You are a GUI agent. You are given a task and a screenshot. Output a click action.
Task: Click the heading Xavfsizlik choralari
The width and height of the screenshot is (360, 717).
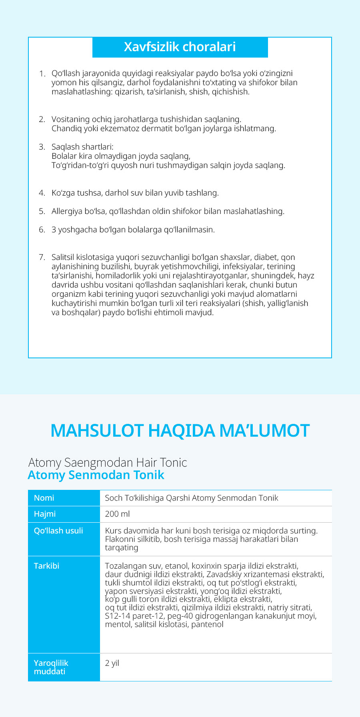click(x=180, y=47)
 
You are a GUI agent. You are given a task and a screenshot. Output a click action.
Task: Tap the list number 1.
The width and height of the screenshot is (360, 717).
click(x=42, y=74)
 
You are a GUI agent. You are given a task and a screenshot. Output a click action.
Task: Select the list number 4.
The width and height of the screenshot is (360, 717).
click(x=42, y=193)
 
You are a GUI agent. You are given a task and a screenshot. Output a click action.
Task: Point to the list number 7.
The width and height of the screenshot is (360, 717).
click(x=42, y=258)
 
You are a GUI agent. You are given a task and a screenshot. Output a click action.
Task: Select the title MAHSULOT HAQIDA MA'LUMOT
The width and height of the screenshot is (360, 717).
click(x=180, y=431)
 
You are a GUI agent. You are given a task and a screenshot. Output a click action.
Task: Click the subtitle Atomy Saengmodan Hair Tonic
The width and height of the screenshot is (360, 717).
click(x=108, y=463)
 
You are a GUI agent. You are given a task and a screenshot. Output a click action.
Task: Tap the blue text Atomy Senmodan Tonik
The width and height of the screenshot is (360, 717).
click(x=96, y=475)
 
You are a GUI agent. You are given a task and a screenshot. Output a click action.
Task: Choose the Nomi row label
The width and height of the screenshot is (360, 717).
click(x=44, y=498)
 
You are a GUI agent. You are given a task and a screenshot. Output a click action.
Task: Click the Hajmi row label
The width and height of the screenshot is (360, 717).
click(x=45, y=514)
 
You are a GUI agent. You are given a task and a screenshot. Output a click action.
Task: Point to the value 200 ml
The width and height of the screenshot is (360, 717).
click(x=117, y=514)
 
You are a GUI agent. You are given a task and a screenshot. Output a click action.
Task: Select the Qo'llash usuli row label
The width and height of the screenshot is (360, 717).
click(x=58, y=531)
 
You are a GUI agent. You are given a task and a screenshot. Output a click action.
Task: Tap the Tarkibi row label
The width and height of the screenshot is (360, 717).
click(x=46, y=566)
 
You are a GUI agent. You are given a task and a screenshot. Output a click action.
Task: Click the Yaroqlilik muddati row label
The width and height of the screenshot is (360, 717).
click(x=51, y=667)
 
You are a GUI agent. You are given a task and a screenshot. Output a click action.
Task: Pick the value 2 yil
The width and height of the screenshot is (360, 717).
click(x=112, y=663)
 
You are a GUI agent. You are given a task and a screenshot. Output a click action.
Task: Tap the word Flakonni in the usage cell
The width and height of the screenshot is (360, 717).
click(x=120, y=539)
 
